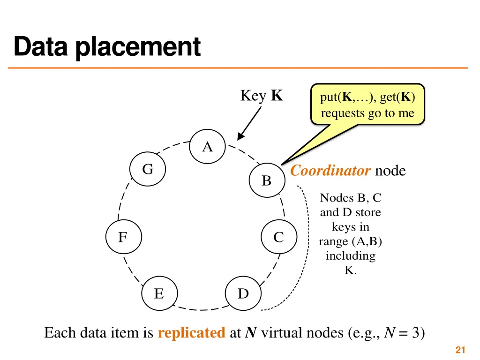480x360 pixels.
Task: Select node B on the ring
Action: point(267,180)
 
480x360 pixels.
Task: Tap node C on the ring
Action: point(279,237)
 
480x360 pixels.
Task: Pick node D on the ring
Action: point(243,294)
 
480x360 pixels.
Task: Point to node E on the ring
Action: point(159,294)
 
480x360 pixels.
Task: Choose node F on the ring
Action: point(123,237)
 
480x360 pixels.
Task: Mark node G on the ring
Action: point(148,169)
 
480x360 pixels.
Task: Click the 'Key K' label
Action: point(261,96)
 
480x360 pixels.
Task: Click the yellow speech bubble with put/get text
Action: point(367,105)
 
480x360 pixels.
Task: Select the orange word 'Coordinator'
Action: point(330,171)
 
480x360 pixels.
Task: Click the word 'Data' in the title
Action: point(42,47)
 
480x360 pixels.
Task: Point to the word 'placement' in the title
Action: point(138,47)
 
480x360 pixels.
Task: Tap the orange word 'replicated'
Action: point(192,333)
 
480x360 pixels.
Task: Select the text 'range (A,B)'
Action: point(350,241)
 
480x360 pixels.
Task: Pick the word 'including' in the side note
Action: point(350,256)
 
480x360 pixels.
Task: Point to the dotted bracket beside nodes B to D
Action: point(306,244)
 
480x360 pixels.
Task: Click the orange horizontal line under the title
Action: point(238,68)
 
